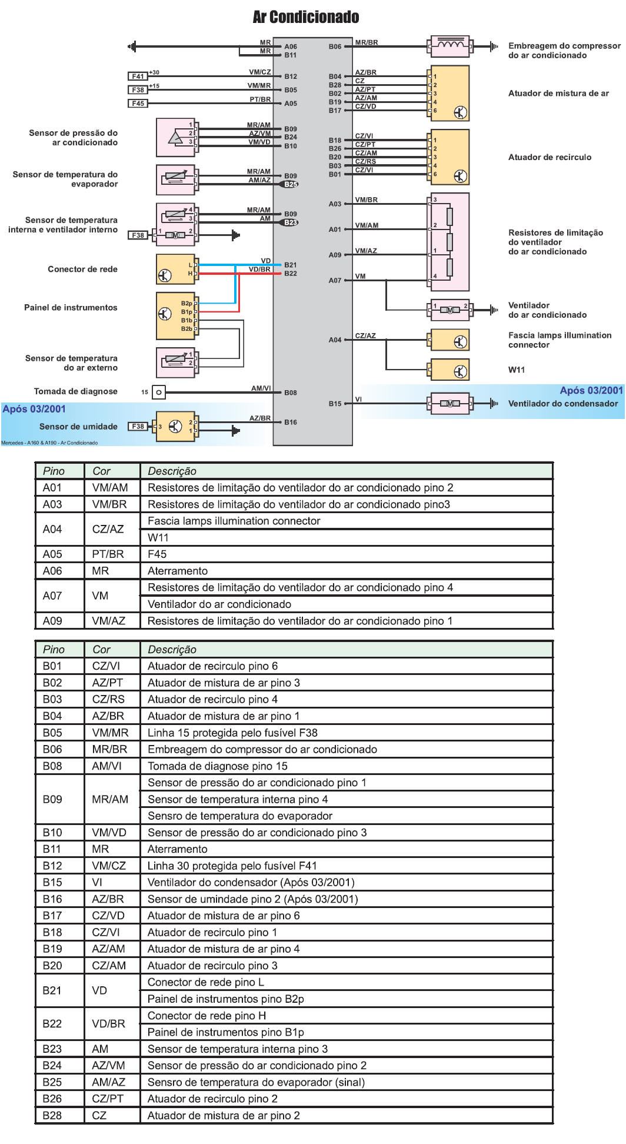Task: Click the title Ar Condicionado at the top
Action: click(306, 17)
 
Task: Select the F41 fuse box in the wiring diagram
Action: click(138, 77)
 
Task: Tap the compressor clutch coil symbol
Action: click(450, 46)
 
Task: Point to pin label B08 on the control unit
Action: click(291, 393)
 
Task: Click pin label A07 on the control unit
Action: click(335, 281)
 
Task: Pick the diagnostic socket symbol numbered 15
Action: click(159, 392)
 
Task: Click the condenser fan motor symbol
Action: click(450, 404)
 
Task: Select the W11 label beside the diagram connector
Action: click(517, 370)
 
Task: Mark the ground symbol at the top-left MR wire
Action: click(132, 46)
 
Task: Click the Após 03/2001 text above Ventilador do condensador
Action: click(591, 390)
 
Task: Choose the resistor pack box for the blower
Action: click(450, 242)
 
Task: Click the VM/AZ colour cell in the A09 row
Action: click(109, 621)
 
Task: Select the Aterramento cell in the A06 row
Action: click(178, 571)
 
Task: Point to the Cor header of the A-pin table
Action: click(102, 471)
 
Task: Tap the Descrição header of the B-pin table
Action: click(172, 650)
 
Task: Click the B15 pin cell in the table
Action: click(52, 882)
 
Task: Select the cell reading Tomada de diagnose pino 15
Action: click(218, 766)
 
